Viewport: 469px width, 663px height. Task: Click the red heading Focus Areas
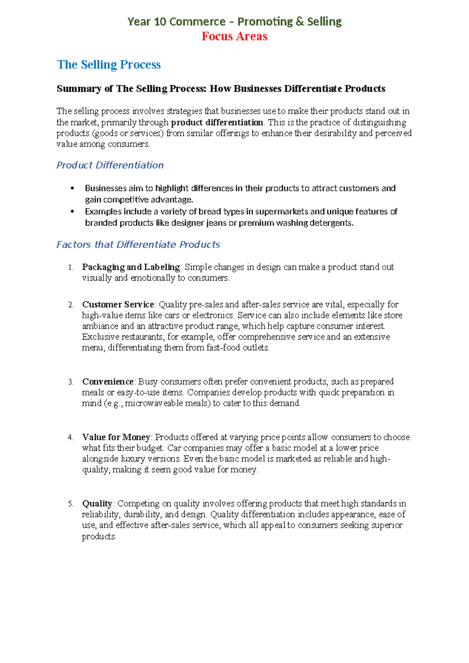point(234,36)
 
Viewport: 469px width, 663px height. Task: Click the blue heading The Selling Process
point(109,65)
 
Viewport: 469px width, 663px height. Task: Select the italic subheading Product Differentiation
point(110,165)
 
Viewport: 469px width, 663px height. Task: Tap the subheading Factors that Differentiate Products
point(138,244)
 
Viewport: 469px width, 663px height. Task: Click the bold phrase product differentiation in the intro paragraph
point(217,122)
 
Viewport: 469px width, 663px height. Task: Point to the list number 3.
point(70,382)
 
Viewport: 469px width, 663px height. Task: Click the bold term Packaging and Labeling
point(131,267)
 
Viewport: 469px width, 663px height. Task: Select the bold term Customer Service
point(118,305)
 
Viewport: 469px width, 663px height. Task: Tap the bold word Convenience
point(107,382)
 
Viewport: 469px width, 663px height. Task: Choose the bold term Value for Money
point(116,437)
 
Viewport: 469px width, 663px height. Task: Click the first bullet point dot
point(72,188)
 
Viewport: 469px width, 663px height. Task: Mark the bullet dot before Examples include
point(72,211)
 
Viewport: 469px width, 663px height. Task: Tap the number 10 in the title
point(160,22)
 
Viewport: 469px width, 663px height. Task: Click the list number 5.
point(70,504)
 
